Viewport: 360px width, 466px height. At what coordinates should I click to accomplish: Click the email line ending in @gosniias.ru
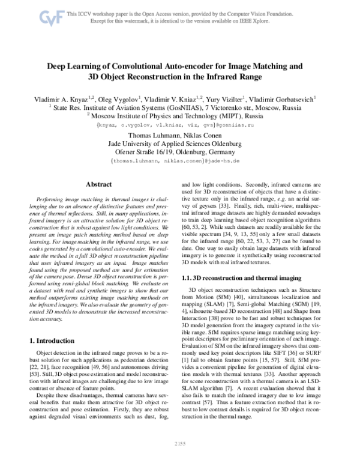(179, 126)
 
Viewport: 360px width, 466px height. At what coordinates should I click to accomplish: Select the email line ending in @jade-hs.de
(179, 162)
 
